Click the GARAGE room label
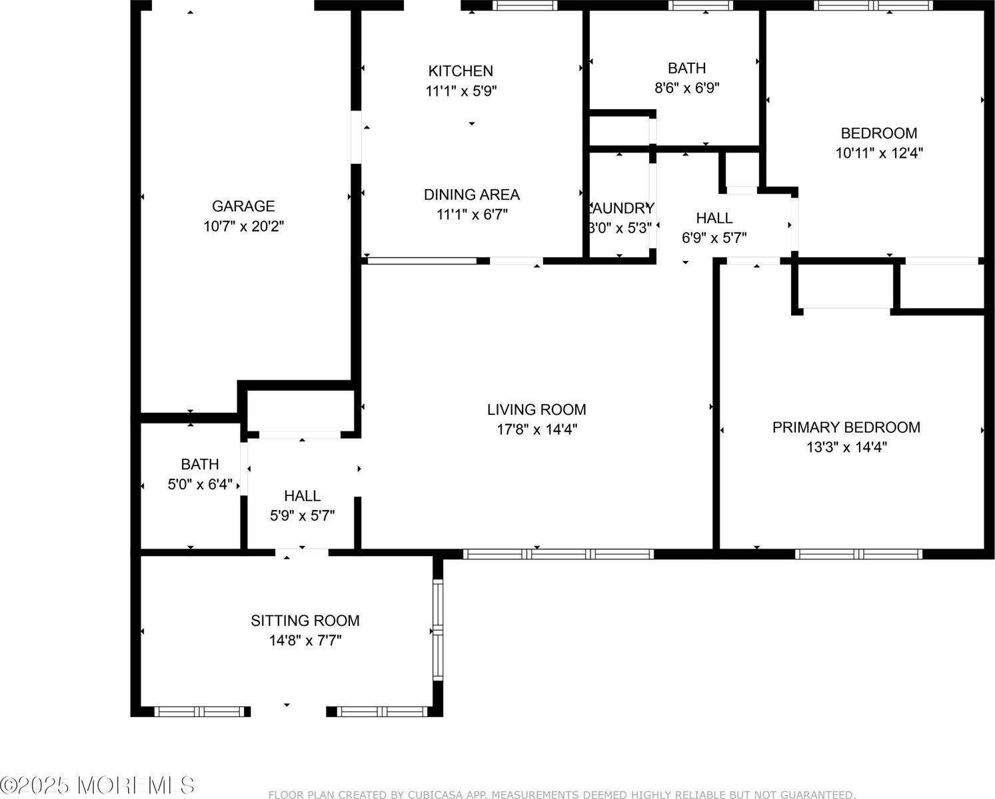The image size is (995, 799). pyautogui.click(x=243, y=206)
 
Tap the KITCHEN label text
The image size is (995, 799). pyautogui.click(x=461, y=71)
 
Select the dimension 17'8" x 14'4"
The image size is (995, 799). pyautogui.click(x=536, y=429)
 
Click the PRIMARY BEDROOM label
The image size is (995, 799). pyautogui.click(x=846, y=427)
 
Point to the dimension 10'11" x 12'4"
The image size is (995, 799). pyautogui.click(x=878, y=153)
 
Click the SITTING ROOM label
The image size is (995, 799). pyautogui.click(x=305, y=621)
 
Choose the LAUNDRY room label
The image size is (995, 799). pyautogui.click(x=620, y=208)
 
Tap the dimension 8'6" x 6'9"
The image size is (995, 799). pyautogui.click(x=686, y=88)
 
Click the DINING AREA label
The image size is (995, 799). pyautogui.click(x=471, y=194)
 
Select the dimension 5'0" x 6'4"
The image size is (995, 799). pyautogui.click(x=200, y=484)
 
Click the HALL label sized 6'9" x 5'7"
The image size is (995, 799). pyautogui.click(x=714, y=218)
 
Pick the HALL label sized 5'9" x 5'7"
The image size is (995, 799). pyautogui.click(x=302, y=495)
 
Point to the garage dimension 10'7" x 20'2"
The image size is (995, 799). pyautogui.click(x=243, y=226)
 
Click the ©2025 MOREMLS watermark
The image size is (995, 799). pyautogui.click(x=98, y=786)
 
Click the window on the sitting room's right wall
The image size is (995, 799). pyautogui.click(x=438, y=629)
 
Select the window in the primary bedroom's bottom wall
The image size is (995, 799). pyautogui.click(x=858, y=554)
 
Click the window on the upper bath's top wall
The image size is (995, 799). pyautogui.click(x=700, y=5)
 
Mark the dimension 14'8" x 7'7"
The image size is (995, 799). pyautogui.click(x=305, y=641)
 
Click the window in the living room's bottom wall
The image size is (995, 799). pyautogui.click(x=558, y=554)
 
